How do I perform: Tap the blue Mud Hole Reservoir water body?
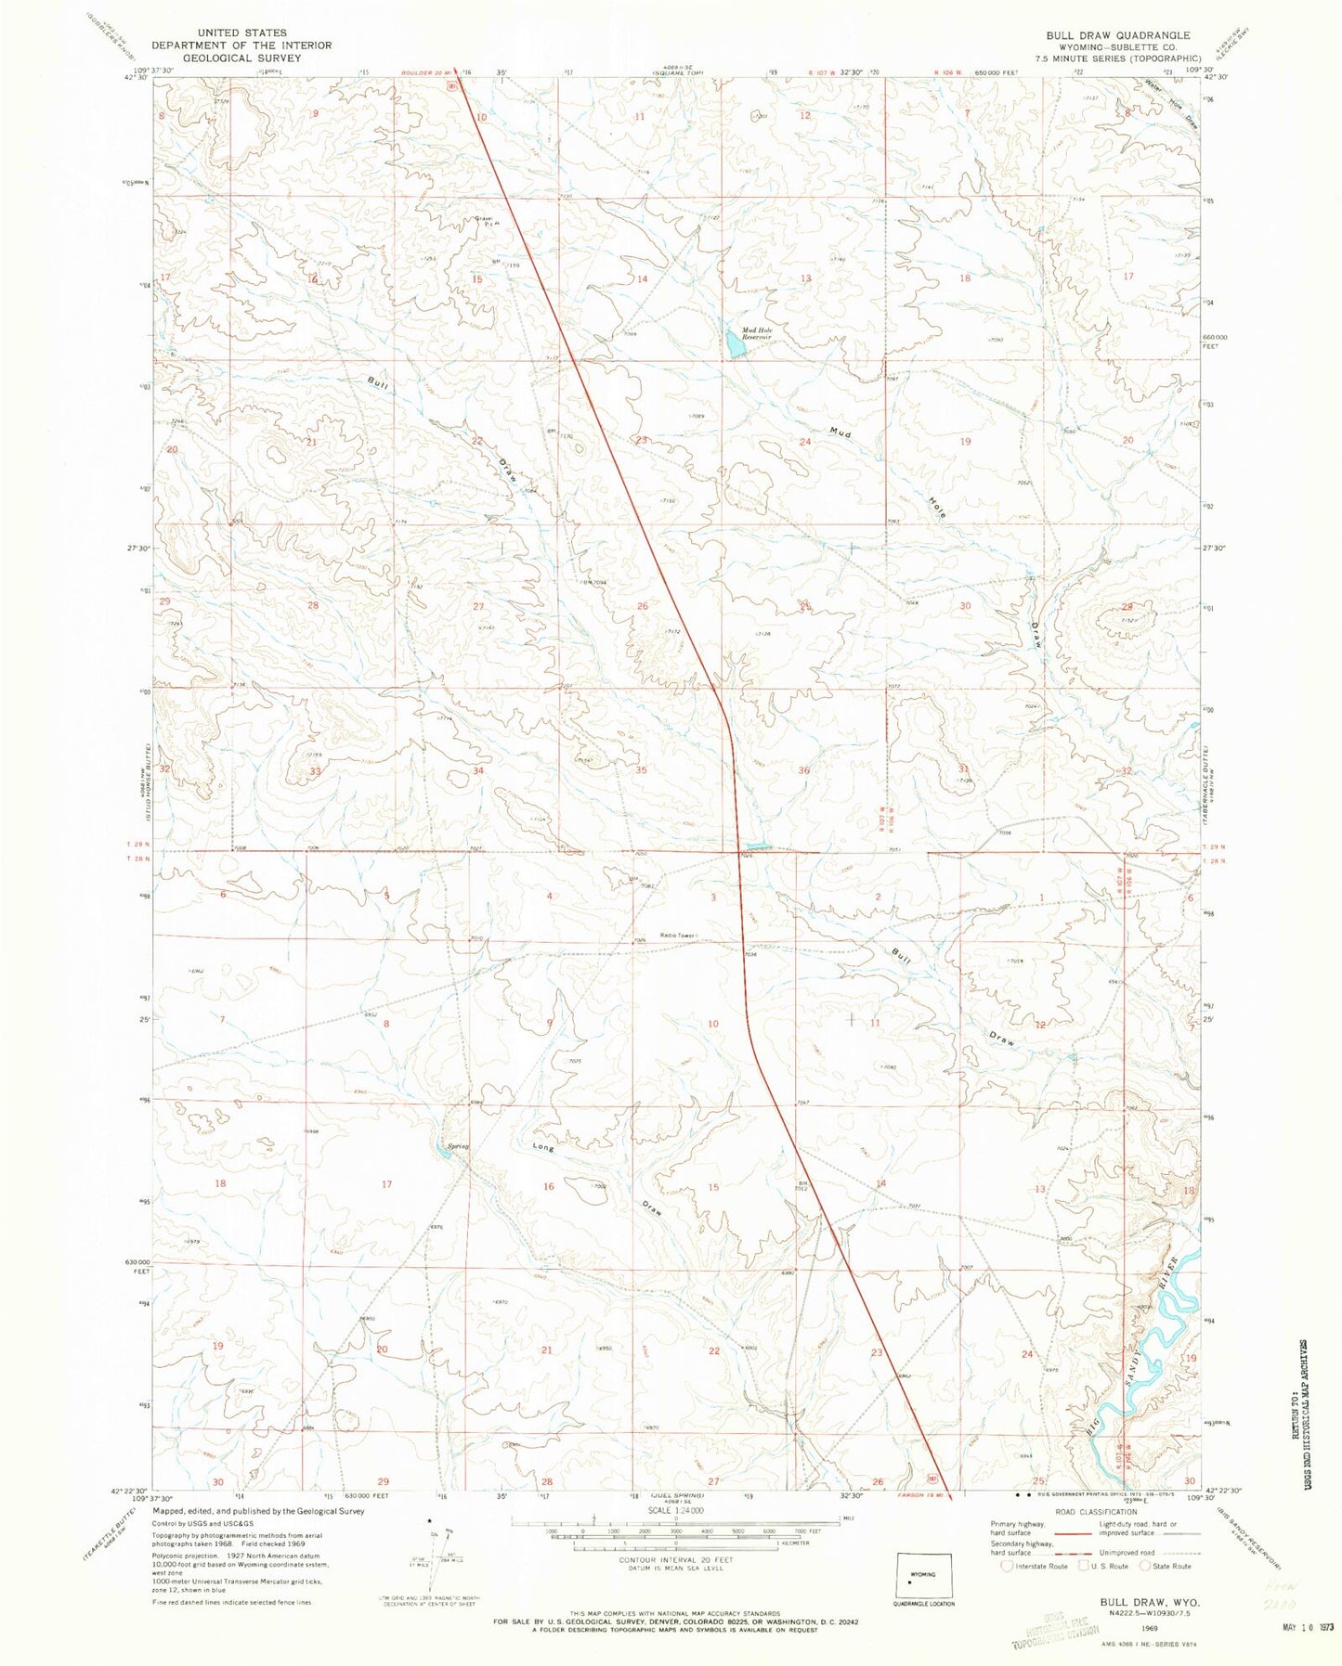tap(734, 346)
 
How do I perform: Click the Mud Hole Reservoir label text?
tap(756, 333)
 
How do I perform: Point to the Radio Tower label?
tap(678, 936)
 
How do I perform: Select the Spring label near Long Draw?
tap(458, 1146)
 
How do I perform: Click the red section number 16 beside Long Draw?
tap(549, 1186)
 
